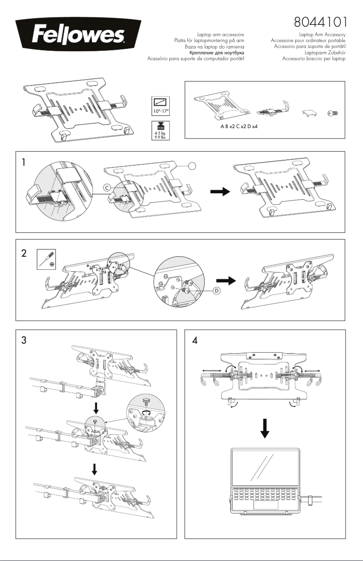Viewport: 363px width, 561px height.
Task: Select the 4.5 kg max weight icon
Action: tap(160, 131)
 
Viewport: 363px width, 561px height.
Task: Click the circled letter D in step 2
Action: tap(216, 290)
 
